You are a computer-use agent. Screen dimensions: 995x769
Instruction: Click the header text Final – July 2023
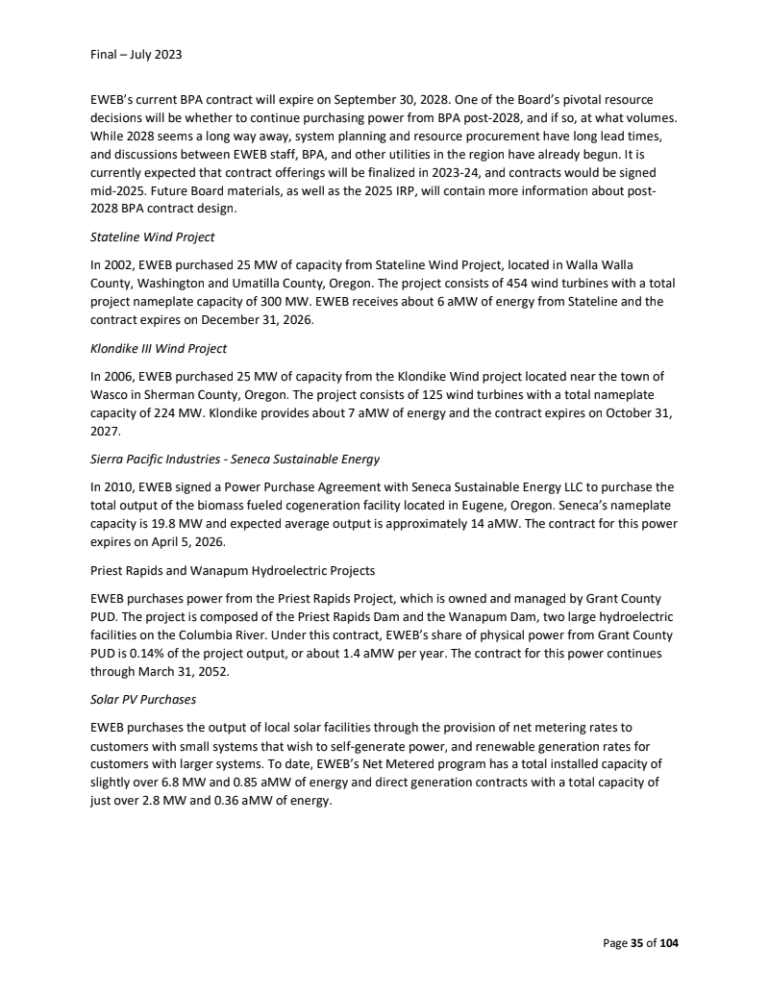pyautogui.click(x=129, y=54)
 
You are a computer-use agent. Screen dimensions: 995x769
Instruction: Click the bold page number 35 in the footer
pyautogui.click(x=635, y=943)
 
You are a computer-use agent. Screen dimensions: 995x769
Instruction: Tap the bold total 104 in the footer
pyautogui.click(x=667, y=943)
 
